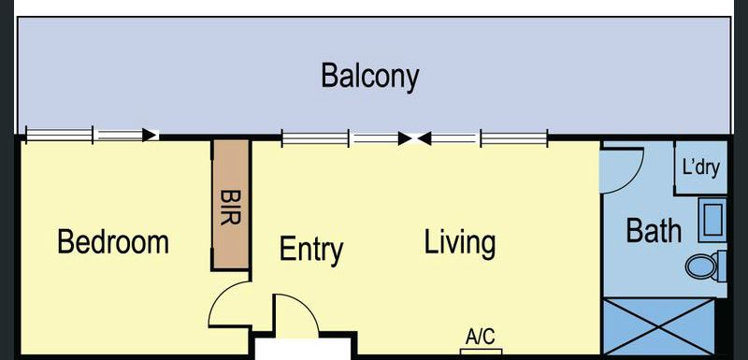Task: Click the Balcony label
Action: tap(369, 77)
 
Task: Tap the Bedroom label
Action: tap(113, 242)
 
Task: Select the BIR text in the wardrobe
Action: tap(231, 208)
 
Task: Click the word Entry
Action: tap(311, 249)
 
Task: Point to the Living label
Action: tap(460, 243)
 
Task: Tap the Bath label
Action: tap(653, 231)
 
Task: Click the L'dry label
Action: tap(700, 167)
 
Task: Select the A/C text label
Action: tap(481, 338)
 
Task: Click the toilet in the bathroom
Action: tap(706, 266)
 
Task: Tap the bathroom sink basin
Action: tap(712, 221)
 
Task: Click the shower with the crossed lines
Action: tap(659, 327)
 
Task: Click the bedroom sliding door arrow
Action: tap(151, 135)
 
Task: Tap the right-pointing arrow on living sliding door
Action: tap(405, 138)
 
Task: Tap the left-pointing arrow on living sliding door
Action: tap(424, 138)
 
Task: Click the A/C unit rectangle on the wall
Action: tap(481, 352)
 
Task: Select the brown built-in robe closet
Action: tap(231, 205)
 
